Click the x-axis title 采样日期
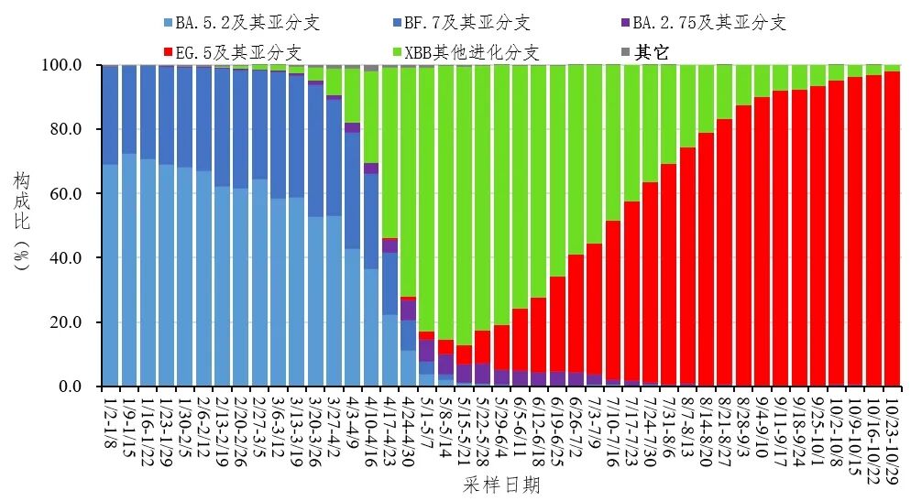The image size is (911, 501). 501,485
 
